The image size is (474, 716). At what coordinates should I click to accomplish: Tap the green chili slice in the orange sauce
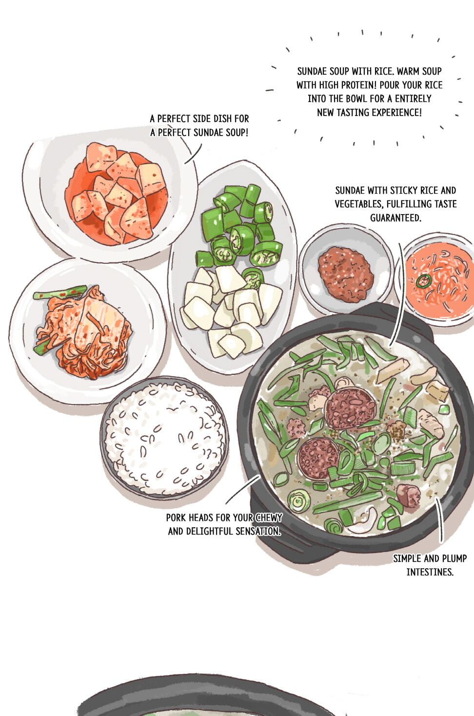423,280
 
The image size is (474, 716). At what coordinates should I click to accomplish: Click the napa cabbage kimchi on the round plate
83,333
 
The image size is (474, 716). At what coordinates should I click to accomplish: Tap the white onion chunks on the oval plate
231,312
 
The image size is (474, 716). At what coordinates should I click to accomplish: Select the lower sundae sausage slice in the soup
318,457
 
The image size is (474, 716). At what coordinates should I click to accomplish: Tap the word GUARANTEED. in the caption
395,218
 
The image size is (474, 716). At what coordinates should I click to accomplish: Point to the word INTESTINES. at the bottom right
430,572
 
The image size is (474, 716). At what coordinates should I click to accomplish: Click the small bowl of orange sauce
435,279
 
